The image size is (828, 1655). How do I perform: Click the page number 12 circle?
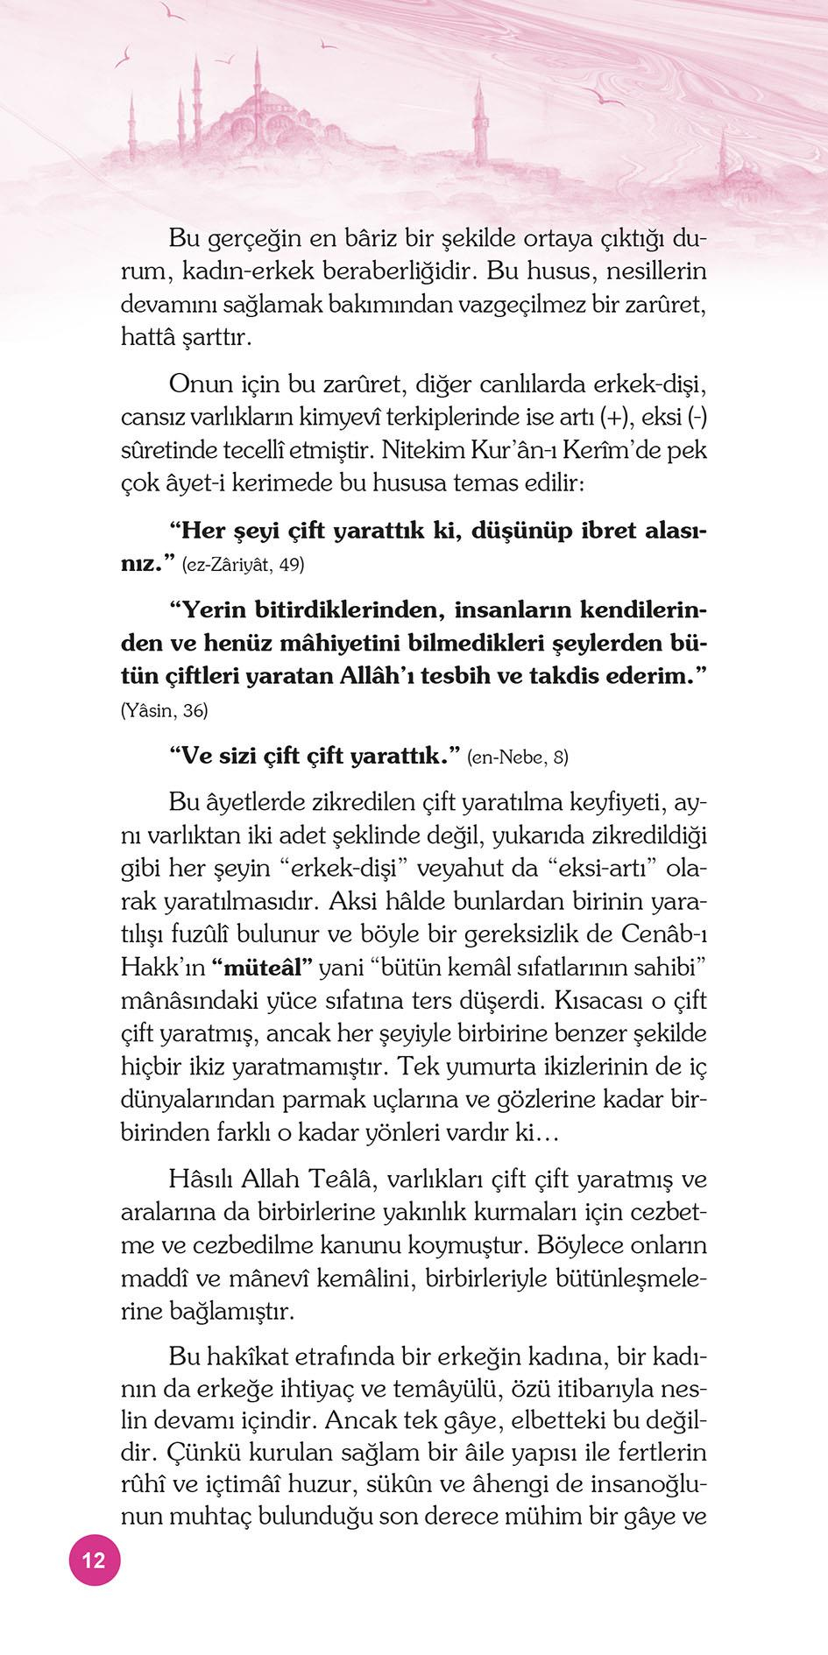pos(94,1560)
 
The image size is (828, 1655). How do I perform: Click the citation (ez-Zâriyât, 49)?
pos(243,565)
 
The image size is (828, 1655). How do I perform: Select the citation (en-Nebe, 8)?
pos(518,757)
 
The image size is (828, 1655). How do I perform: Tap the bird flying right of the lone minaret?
pos(605,96)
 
